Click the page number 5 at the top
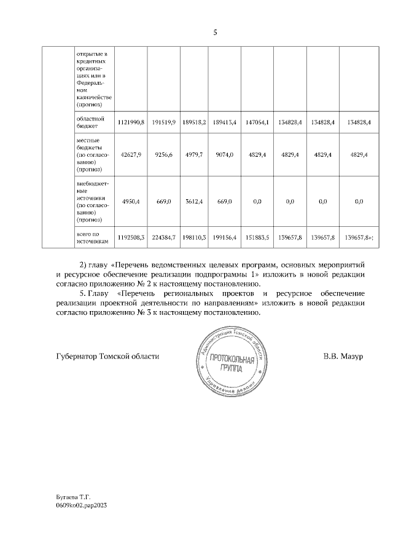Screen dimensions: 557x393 click(216, 33)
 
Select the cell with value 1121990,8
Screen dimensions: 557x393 click(130, 123)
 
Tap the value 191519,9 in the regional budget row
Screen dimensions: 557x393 click(164, 123)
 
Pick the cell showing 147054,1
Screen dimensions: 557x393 click(256, 123)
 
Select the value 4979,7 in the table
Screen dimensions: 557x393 click(193, 155)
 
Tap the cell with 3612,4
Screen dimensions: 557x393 click(193, 201)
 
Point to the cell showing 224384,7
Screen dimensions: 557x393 click(164, 237)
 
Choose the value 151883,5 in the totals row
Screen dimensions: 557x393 click(256, 237)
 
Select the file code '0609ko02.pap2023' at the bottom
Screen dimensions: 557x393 click(81, 503)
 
